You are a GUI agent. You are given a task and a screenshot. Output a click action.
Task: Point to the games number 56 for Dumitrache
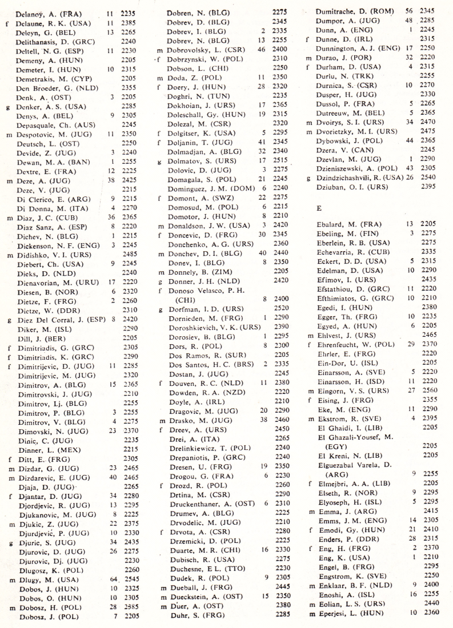[x=408, y=11]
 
